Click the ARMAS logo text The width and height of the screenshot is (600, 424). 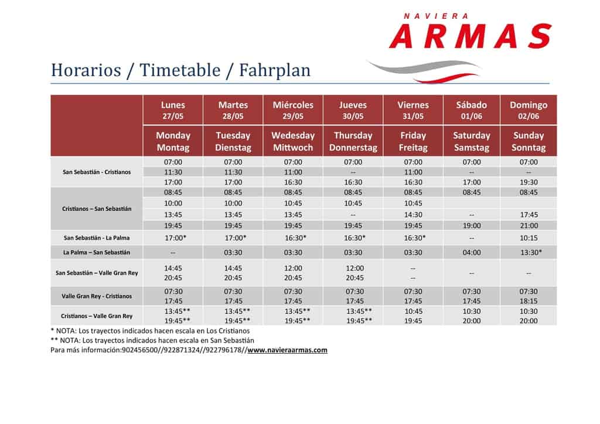471,36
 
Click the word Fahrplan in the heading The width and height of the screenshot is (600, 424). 275,70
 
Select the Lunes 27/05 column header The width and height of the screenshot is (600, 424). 173,110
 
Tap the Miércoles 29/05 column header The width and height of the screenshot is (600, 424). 293,110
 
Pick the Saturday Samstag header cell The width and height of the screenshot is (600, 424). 472,142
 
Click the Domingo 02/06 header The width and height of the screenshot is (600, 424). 529,110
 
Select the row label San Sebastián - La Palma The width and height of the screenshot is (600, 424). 97,238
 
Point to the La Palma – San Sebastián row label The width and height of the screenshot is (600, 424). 97,252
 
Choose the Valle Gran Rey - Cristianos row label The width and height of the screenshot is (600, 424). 97,296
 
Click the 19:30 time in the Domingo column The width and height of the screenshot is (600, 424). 529,182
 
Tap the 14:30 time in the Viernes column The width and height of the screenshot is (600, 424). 413,215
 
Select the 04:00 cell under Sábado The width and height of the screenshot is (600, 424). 472,253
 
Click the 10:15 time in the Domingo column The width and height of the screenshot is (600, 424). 529,238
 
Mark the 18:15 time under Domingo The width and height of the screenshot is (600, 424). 529,301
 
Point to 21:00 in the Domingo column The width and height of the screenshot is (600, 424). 529,226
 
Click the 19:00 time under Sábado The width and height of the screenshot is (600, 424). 472,226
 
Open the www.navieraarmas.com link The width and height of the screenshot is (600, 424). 287,350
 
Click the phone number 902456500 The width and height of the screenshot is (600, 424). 139,350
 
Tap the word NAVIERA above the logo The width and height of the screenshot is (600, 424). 436,16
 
